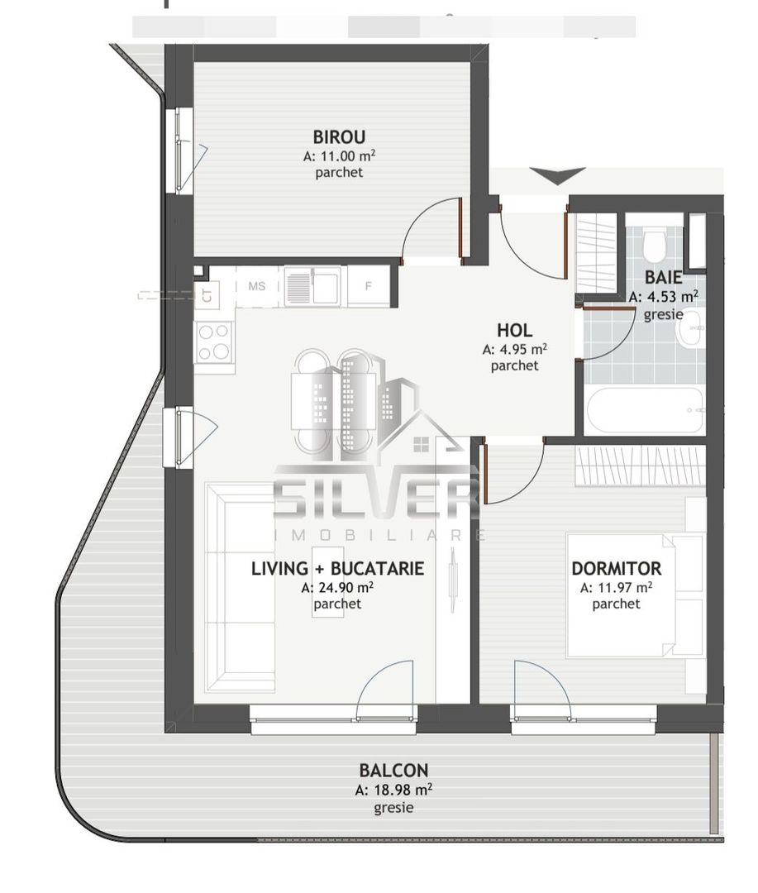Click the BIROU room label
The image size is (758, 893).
339,137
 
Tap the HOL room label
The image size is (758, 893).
514,331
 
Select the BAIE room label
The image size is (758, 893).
663,278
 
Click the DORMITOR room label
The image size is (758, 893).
616,569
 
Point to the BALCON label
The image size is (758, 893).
393,771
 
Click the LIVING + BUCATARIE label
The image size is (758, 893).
337,569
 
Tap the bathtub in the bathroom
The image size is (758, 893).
645,411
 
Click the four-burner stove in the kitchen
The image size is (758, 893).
214,341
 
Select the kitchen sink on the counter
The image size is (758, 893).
312,287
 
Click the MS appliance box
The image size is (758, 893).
257,286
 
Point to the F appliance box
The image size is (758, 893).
370,287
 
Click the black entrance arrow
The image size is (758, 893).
557,176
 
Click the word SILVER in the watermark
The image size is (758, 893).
376,496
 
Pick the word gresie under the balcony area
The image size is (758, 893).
393,808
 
